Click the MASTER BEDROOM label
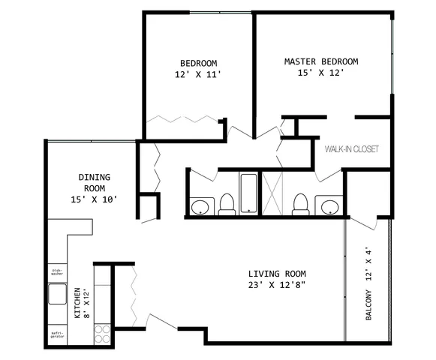coord(320,61)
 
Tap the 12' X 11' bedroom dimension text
coord(198,75)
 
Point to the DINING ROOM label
coord(94,182)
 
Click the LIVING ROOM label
coord(277,273)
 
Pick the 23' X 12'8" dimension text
coord(277,285)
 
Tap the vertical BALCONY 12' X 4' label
coord(368,285)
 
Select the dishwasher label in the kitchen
coord(58,273)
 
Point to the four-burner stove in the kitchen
coord(103,334)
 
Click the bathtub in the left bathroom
coord(248,194)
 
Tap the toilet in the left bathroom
coord(227,204)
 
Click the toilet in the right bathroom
coord(301,203)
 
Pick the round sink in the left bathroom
coord(200,206)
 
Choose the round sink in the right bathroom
coord(328,205)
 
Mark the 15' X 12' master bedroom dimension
coord(320,75)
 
